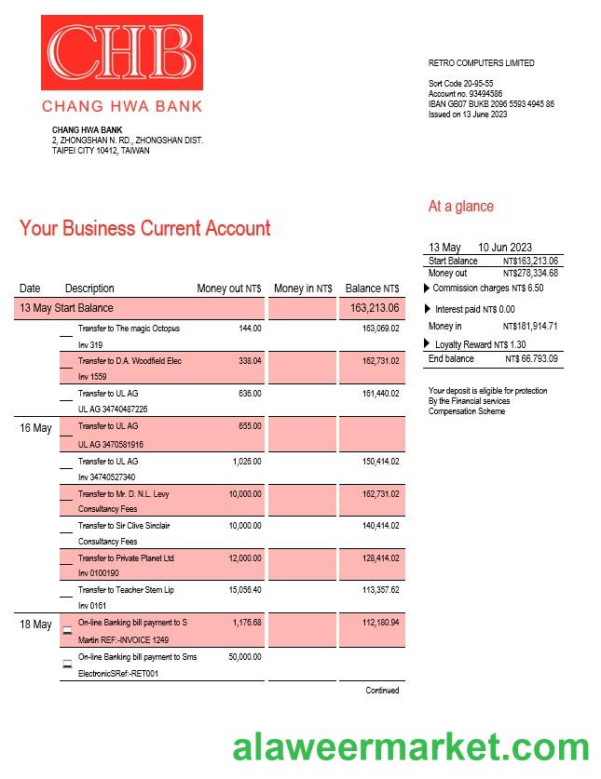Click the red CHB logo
pos(122,54)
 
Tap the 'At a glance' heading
pos(460,207)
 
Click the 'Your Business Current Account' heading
pos(144,228)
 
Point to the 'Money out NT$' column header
pos(228,289)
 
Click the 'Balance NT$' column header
pos(372,289)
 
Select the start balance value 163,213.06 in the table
pos(375,308)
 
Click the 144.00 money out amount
pos(250,329)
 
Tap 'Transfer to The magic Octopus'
pos(129,329)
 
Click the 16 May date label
pos(35,428)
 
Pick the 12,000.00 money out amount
pos(245,558)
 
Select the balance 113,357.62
pos(380,590)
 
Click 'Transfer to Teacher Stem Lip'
pos(126,590)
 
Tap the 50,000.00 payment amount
pos(245,657)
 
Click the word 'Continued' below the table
pos(382,691)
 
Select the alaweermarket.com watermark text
pos(410,747)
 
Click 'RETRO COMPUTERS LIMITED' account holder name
pos(481,63)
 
